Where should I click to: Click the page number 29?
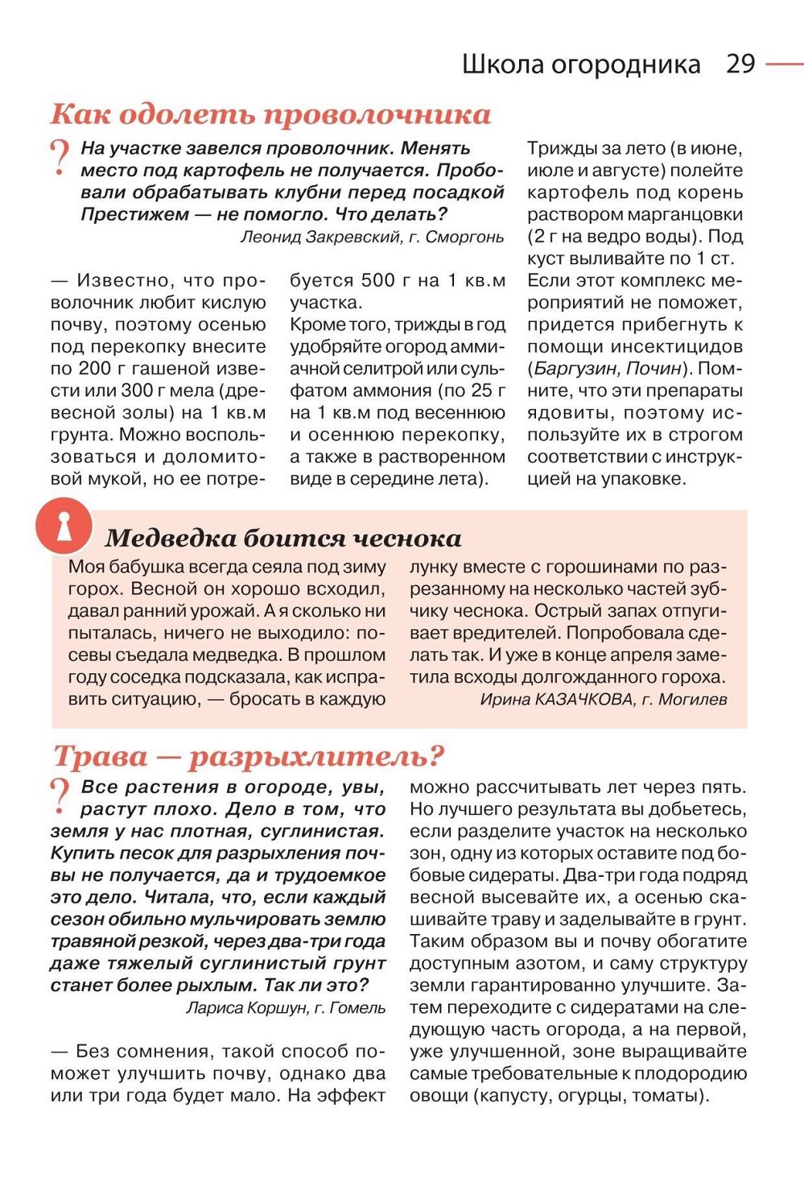[x=740, y=64]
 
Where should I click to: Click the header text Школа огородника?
[x=580, y=64]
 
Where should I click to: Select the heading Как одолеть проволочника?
[x=270, y=114]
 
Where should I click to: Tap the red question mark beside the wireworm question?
[x=60, y=157]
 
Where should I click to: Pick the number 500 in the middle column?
[x=377, y=280]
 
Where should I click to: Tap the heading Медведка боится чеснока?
[x=283, y=538]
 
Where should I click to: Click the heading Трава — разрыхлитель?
[x=249, y=756]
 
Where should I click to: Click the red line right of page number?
[x=784, y=64]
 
